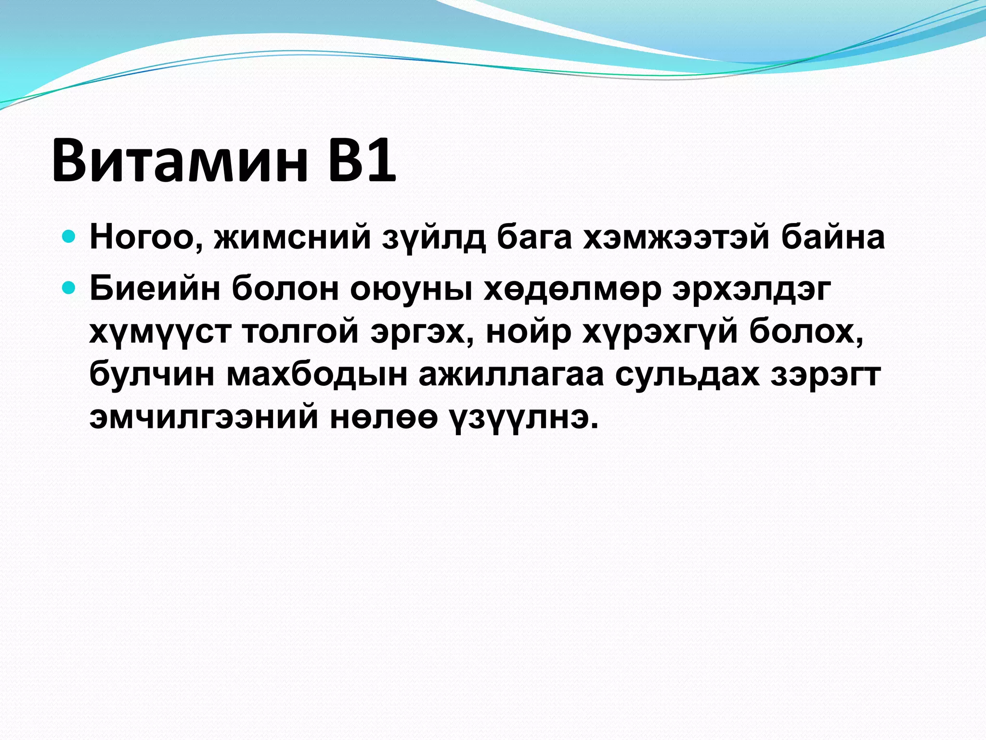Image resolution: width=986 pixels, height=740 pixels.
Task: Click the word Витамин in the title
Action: (x=179, y=160)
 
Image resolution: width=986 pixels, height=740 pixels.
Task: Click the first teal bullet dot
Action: (x=69, y=237)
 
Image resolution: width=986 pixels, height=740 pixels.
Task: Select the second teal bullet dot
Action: (x=69, y=288)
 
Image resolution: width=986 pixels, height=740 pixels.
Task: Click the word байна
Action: (x=832, y=238)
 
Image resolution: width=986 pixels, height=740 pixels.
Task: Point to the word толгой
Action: (x=301, y=332)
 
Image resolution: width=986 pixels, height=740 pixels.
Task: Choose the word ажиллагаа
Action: (x=511, y=375)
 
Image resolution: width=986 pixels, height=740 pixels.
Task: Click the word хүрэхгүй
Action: (x=659, y=332)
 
